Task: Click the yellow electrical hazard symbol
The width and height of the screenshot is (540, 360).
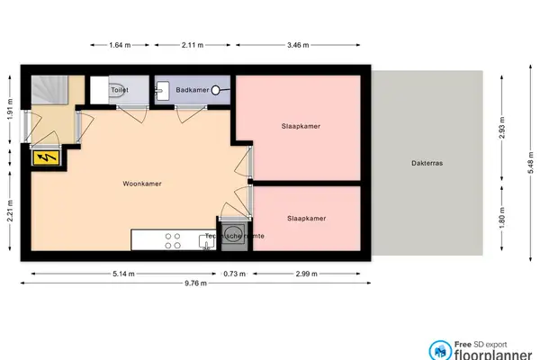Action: tap(44, 159)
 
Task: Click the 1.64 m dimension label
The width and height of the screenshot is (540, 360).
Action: tap(120, 44)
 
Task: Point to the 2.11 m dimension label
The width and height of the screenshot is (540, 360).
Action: tap(192, 44)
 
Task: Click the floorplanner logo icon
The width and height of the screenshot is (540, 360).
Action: tap(440, 349)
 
